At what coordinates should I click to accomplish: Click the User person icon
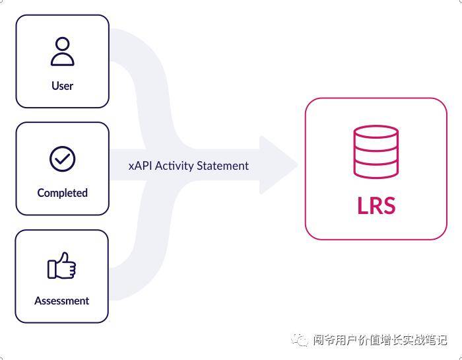(62, 52)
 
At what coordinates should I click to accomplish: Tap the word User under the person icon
(62, 86)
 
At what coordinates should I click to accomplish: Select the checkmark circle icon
(62, 159)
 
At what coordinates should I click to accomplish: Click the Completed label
(62, 193)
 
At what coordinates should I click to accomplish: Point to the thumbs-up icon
(62, 266)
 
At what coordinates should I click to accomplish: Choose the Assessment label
(62, 301)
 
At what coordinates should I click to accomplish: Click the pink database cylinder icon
(376, 151)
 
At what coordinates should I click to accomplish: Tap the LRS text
(376, 205)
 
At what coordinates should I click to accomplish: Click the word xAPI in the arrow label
(140, 166)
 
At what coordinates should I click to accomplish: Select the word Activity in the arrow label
(174, 166)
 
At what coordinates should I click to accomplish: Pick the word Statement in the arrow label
(223, 166)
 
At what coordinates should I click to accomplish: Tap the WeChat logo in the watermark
(300, 340)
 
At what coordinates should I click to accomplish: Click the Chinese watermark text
(380, 340)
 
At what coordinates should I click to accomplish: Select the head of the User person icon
(62, 44)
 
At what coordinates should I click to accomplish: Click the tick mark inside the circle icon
(63, 159)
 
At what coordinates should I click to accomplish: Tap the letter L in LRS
(362, 205)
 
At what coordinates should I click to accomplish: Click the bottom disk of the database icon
(376, 169)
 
